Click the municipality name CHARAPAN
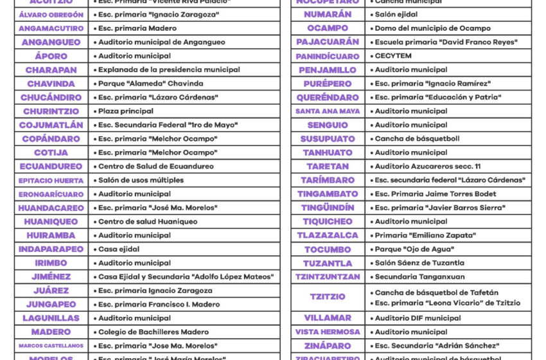(x=51, y=70)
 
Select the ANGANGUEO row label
(x=51, y=42)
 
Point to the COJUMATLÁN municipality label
(x=51, y=125)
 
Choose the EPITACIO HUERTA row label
(x=51, y=181)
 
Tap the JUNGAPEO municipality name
(x=51, y=305)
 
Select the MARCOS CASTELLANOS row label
(x=51, y=346)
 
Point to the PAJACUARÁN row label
(x=328, y=42)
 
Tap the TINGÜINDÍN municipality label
(x=328, y=208)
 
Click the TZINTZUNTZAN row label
(x=328, y=277)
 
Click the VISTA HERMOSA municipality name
(x=328, y=332)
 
